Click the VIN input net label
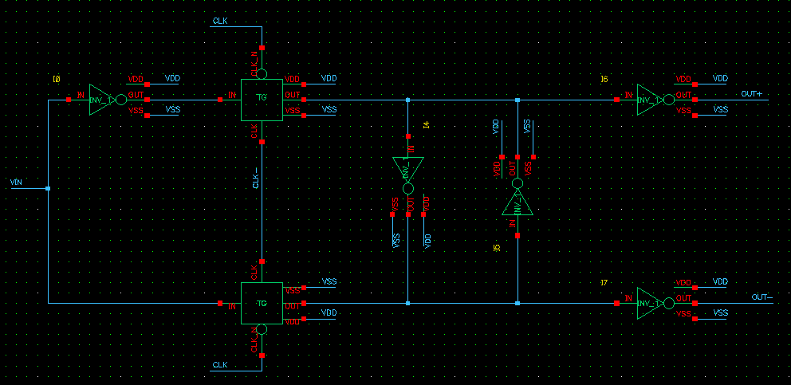(16, 183)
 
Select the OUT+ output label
(751, 94)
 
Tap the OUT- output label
(761, 297)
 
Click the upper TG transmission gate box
(262, 100)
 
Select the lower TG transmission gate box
(262, 303)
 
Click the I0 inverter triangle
(100, 100)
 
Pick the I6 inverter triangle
(647, 100)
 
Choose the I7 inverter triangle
(647, 303)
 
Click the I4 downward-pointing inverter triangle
(407, 169)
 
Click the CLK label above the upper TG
(221, 19)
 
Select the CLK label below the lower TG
(221, 365)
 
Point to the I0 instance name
(56, 79)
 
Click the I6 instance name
(604, 79)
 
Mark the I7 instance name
(604, 282)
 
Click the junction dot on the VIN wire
(48, 188)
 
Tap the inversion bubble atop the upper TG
(262, 74)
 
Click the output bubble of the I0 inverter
(121, 100)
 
